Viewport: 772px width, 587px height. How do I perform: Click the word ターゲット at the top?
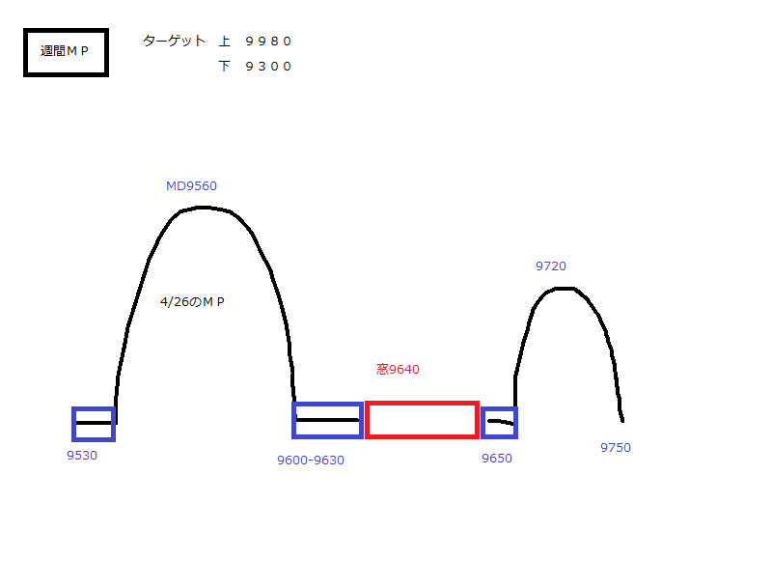point(174,41)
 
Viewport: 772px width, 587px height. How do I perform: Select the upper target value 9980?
point(268,42)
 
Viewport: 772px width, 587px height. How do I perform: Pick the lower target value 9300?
point(268,67)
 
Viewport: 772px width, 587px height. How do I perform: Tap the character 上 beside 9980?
point(225,42)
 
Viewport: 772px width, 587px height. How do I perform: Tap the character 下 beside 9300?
point(225,67)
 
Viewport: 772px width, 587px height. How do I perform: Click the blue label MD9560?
point(191,186)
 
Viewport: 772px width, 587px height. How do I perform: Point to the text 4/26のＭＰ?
point(192,302)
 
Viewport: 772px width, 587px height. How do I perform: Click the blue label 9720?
point(551,266)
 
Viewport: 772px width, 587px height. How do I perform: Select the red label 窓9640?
point(398,370)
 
